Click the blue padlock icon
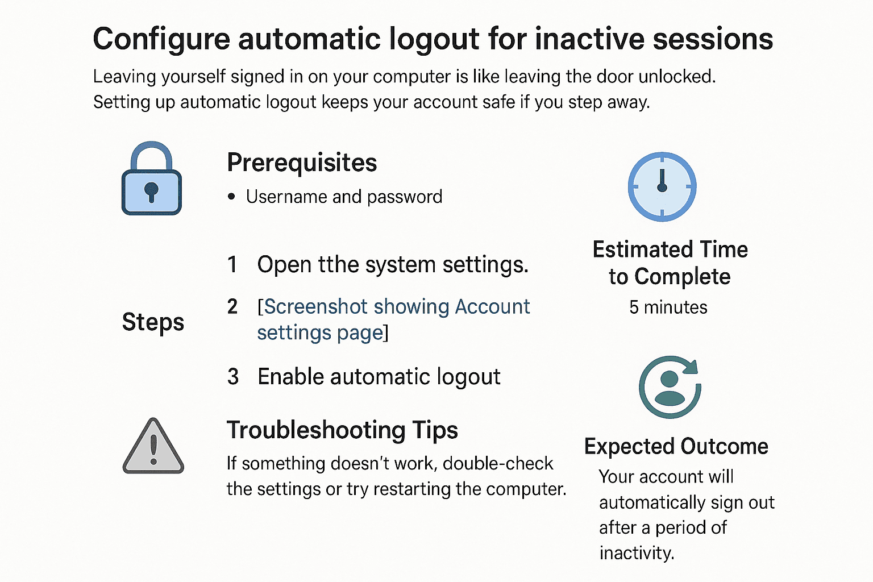152,178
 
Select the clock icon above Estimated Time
662,187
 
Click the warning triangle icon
153,446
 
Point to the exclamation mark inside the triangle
153,450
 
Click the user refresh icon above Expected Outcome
670,386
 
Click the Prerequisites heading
302,163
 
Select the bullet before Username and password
231,197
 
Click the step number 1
232,265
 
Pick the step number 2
232,307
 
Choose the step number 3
233,377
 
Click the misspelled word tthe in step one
338,264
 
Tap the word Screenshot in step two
315,307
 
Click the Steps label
153,322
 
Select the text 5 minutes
668,307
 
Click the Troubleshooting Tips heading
342,430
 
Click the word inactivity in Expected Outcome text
637,553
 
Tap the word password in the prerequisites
405,197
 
